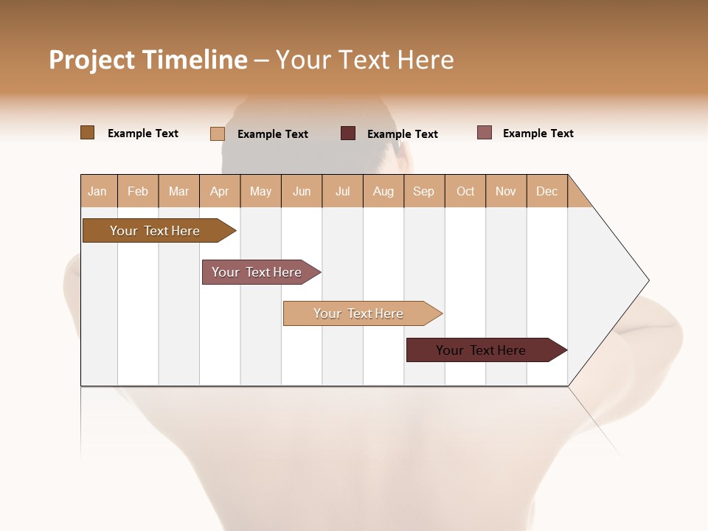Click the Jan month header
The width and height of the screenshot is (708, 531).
tap(98, 191)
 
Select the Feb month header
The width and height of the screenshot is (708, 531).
tap(138, 191)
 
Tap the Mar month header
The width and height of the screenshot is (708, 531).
tap(178, 191)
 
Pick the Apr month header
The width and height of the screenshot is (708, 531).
tap(220, 191)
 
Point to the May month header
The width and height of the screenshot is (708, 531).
tap(260, 191)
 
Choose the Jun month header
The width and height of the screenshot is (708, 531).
tap(302, 191)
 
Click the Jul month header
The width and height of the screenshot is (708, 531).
tap(342, 191)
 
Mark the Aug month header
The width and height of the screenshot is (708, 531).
tap(383, 191)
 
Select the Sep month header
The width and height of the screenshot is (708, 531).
tap(424, 191)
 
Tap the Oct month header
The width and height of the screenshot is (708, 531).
tap(465, 191)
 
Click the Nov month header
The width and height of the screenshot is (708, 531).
tap(506, 191)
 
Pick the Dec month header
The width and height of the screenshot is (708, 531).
tap(547, 191)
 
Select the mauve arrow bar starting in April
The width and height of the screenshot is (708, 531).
tap(258, 272)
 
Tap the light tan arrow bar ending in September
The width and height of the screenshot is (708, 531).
tap(360, 313)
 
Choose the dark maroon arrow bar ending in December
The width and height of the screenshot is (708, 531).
tap(483, 350)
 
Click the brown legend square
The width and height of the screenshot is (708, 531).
tap(88, 133)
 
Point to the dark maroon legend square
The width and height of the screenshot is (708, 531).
tap(348, 133)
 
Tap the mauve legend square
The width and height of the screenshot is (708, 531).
tap(485, 133)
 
